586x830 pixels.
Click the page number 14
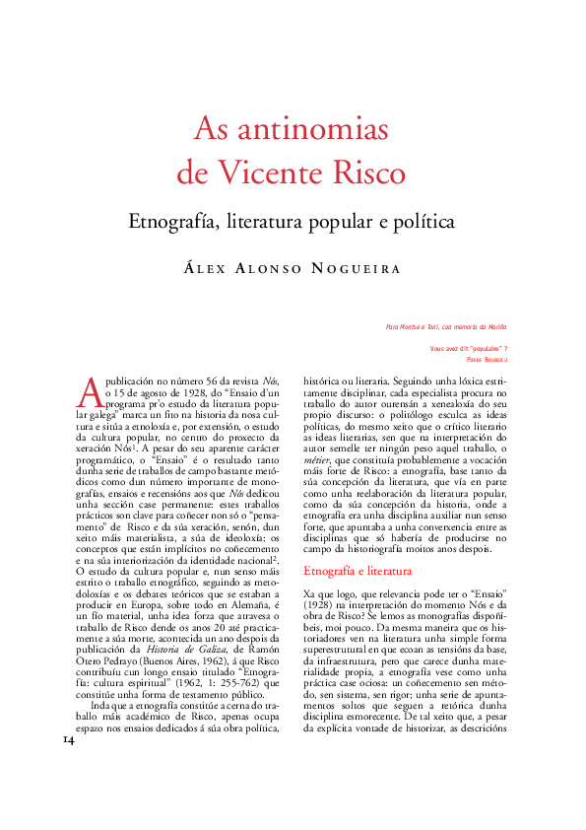[x=69, y=738]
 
